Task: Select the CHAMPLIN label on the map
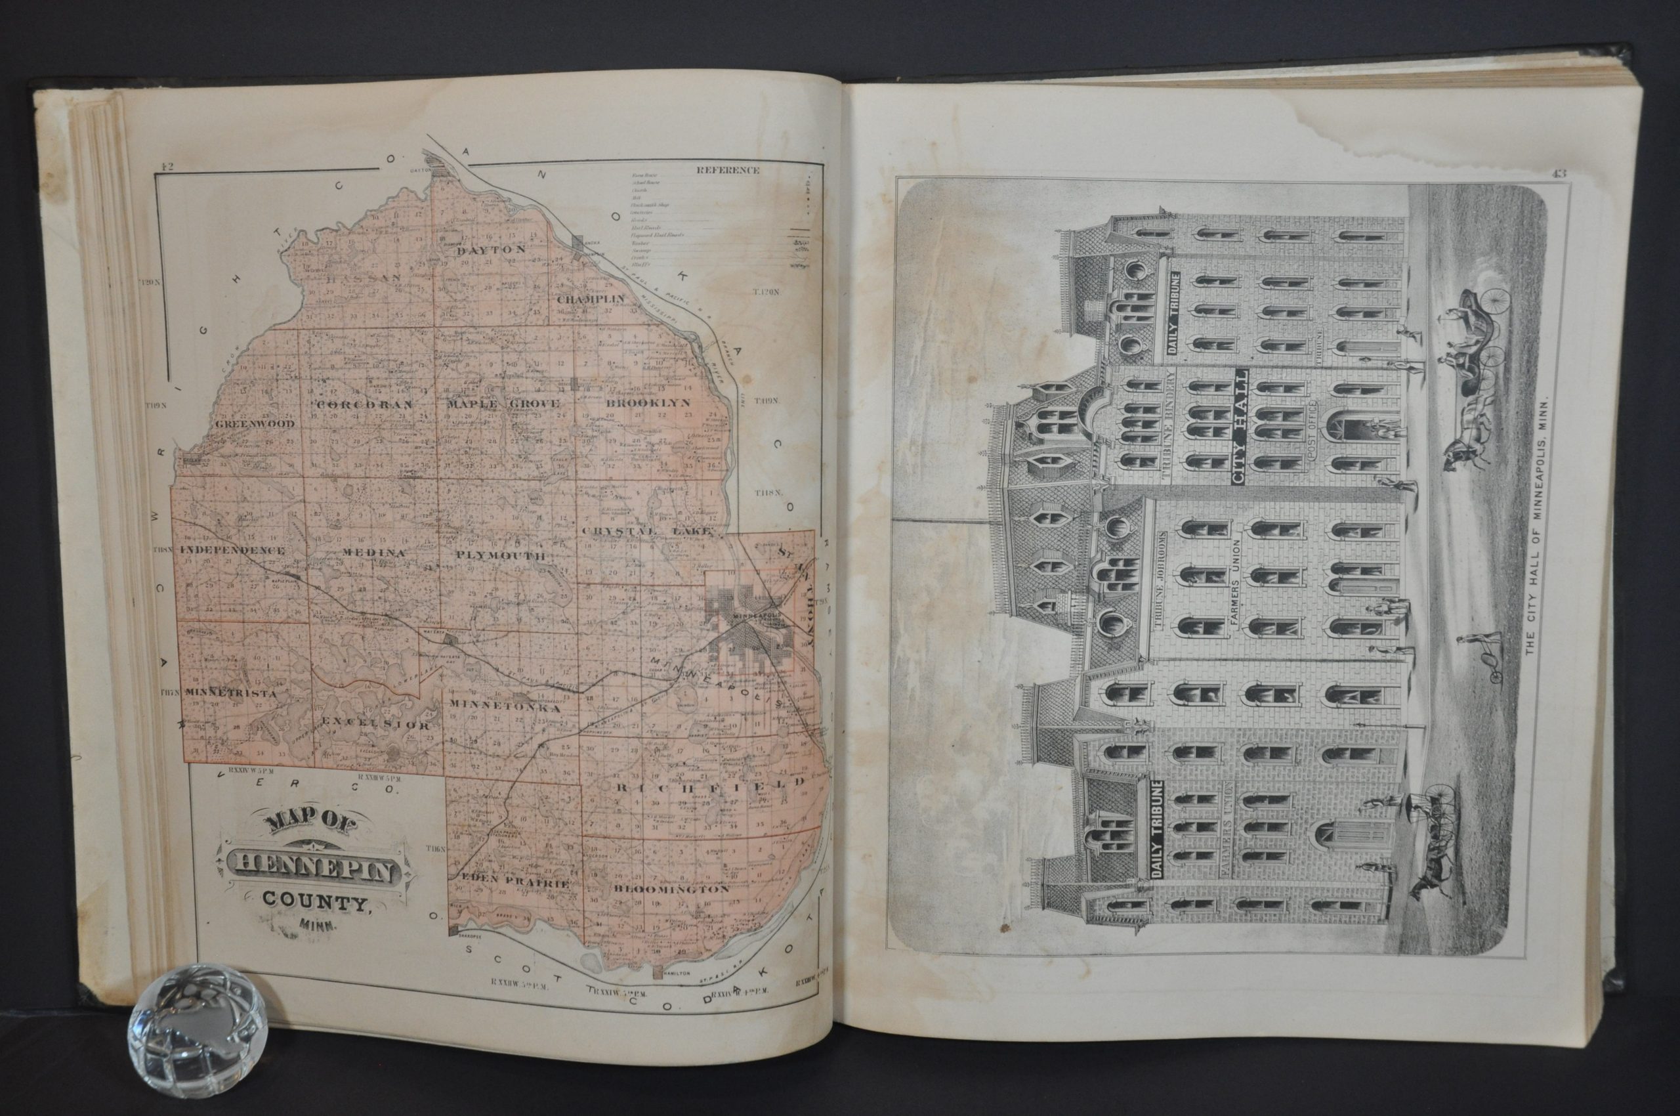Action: tap(590, 299)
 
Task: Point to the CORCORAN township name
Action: tap(364, 404)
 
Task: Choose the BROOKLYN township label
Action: tap(648, 403)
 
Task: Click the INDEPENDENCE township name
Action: tap(233, 550)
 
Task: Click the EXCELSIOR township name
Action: tap(375, 725)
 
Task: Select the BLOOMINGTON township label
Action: tap(671, 889)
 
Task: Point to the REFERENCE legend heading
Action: tap(728, 170)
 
